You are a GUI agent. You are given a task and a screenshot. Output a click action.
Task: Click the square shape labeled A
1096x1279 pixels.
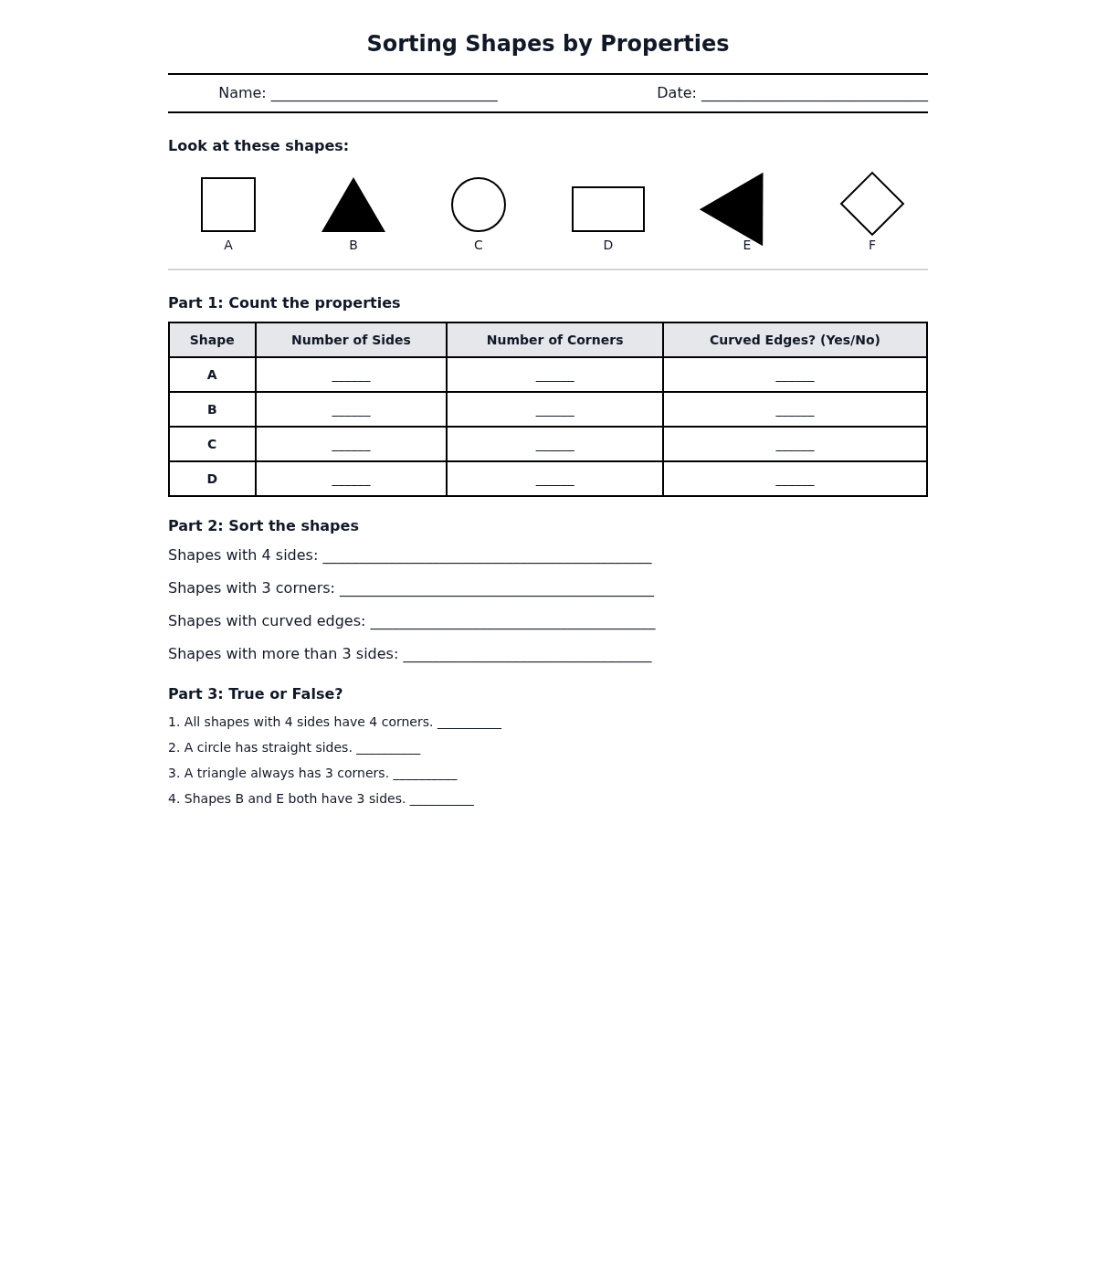point(228,205)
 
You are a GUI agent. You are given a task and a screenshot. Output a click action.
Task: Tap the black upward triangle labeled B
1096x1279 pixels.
point(353,211)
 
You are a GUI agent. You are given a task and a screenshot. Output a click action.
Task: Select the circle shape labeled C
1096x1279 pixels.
point(479,205)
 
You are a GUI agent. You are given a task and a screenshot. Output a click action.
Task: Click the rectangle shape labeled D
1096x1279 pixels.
point(608,209)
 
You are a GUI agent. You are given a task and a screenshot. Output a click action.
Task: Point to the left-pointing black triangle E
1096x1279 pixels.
point(739,209)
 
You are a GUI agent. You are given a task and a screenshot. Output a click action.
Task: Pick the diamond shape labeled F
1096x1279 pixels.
point(872,204)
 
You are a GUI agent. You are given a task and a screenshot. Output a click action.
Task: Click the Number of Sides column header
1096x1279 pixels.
point(351,340)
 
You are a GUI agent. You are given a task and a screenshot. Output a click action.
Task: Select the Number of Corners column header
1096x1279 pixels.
point(554,340)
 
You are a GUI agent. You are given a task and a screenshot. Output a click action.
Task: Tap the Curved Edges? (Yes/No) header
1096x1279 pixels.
point(795,340)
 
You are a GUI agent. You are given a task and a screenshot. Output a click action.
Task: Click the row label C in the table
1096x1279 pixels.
point(212,444)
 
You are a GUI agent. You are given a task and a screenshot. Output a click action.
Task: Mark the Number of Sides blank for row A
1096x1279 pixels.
point(351,377)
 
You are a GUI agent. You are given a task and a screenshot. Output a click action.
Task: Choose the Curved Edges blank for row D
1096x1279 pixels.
point(795,481)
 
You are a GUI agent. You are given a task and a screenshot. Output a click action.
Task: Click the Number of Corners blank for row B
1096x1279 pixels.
point(554,412)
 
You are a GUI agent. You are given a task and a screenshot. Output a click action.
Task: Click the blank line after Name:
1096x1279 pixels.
point(384,95)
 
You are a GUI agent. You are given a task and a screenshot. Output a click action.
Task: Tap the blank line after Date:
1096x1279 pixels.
point(814,95)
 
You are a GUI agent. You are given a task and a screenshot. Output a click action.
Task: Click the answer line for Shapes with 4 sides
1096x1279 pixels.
point(487,557)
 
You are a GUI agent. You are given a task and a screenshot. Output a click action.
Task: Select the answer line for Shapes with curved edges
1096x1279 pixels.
point(512,623)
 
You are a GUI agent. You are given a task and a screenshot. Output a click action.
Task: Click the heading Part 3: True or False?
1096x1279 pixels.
point(255,694)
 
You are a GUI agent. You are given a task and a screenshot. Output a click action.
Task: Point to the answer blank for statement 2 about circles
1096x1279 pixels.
point(388,750)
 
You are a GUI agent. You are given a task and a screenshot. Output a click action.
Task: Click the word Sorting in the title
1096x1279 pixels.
point(412,44)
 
